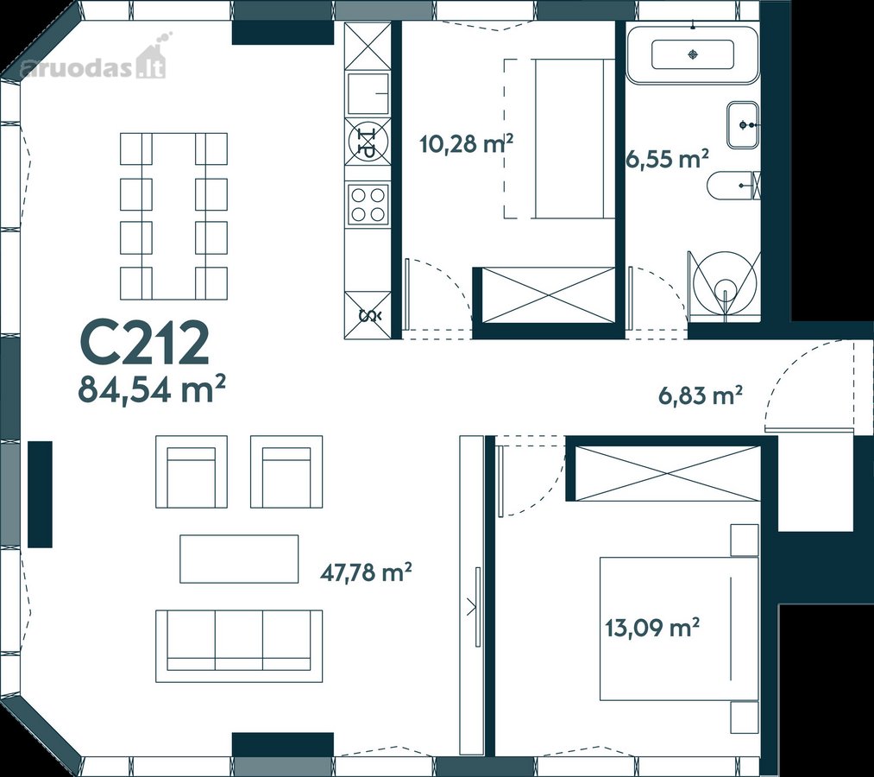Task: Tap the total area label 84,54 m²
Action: point(152,388)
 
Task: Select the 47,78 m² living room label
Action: point(366,572)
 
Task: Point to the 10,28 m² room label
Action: point(466,143)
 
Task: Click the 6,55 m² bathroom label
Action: point(668,158)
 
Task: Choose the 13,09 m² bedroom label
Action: point(653,628)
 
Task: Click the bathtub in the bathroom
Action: point(692,54)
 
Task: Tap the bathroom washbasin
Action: point(743,125)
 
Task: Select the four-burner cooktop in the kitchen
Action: point(368,204)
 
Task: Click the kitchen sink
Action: point(368,93)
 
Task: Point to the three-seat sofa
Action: point(239,646)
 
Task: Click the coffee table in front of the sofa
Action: point(239,559)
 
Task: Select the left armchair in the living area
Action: point(192,471)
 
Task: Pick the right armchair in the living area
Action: point(286,471)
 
